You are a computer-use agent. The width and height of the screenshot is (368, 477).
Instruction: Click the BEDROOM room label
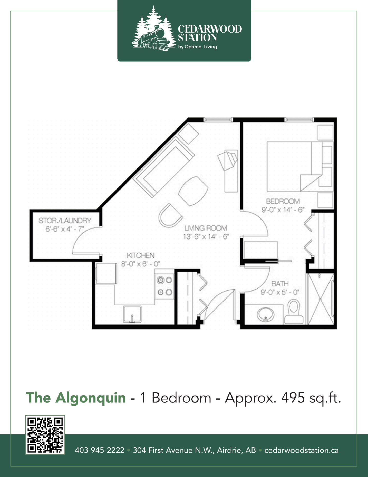283,201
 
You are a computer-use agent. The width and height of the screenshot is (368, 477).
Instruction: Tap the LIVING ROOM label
206,228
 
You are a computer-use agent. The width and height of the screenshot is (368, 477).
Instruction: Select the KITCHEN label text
141,255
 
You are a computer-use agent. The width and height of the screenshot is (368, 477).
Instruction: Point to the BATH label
280,284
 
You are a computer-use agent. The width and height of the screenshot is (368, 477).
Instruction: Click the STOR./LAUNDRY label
65,221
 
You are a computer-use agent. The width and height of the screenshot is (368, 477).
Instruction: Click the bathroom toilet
294,311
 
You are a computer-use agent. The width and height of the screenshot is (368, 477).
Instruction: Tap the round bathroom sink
265,314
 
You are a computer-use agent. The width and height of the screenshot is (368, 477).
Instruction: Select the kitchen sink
132,314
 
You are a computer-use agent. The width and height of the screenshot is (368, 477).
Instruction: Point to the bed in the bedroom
295,166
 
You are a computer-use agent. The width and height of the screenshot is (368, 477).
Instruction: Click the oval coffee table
193,191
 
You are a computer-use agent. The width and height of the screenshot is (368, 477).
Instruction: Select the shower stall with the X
321,299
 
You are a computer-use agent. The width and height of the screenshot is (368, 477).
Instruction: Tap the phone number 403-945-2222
100,450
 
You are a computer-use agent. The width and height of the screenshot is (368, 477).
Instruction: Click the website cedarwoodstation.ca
302,450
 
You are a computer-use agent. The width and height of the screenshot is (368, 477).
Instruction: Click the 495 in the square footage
293,398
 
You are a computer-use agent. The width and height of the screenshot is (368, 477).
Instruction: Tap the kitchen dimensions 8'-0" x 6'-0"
141,264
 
